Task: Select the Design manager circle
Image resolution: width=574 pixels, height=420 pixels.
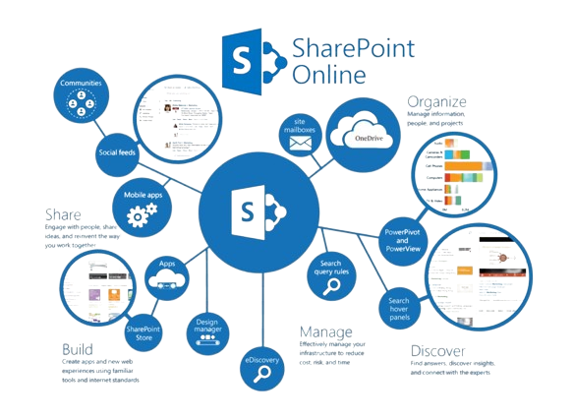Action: point(205,330)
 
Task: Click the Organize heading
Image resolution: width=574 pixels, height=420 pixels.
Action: point(437,100)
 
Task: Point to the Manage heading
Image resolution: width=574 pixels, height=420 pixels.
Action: point(325,332)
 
